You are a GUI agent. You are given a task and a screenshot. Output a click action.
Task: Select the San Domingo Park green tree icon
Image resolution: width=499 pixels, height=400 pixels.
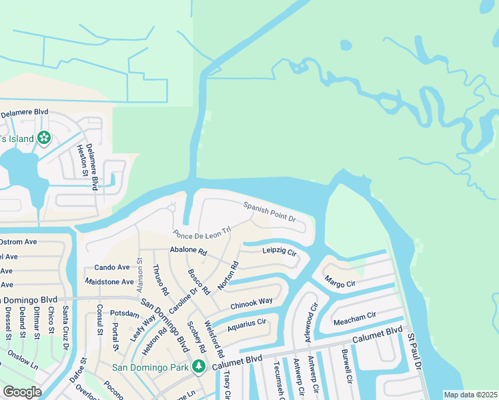pos(199,366)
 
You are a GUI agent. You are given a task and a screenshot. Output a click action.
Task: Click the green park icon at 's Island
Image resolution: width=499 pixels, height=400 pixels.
pos(44,138)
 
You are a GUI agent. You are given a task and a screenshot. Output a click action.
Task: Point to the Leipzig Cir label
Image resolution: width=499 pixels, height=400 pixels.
pos(279,250)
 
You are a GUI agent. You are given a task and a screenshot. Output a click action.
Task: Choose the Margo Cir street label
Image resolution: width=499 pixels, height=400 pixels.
pos(340,283)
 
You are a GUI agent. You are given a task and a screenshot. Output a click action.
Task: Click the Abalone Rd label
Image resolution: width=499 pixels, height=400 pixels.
pos(189,252)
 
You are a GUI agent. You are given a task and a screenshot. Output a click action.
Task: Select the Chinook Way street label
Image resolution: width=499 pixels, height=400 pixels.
pos(252,303)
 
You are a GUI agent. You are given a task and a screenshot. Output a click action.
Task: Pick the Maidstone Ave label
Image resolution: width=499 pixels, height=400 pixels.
pos(109,282)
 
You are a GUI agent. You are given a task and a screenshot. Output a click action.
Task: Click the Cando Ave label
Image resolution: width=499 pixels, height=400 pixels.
pos(111,267)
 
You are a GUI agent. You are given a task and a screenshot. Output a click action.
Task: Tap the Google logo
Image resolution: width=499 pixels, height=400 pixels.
pos(22,392)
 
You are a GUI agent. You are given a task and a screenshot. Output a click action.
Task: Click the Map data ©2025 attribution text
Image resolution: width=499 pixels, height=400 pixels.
pos(471,395)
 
